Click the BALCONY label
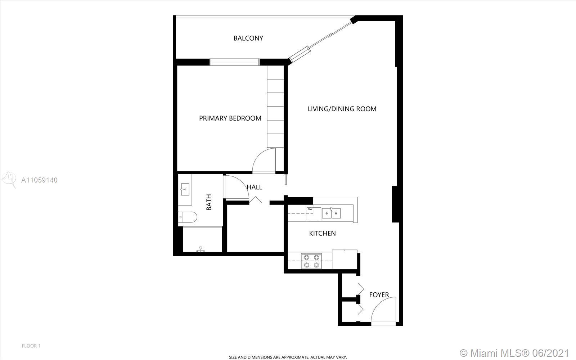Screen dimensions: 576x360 pos(248,38)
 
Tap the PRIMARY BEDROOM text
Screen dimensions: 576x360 pos(230,118)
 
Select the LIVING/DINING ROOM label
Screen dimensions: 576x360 pos(342,109)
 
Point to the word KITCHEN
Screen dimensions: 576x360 pos(322,234)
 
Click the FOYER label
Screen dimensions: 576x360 pos(379,295)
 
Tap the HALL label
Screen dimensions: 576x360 pos(255,187)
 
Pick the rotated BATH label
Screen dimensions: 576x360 pos(209,202)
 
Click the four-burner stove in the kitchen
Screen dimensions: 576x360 pos(311,261)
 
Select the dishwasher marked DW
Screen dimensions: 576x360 pos(314,214)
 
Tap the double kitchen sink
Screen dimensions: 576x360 pos(332,213)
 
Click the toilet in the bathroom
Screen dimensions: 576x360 pos(188,217)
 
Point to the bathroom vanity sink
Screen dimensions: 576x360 pos(185,189)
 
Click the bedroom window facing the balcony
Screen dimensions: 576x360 pos(234,62)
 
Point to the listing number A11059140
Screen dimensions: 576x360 pos(39,180)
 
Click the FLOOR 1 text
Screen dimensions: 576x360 pos(31,346)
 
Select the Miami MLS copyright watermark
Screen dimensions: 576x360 pos(514,352)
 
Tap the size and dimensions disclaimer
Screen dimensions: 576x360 pos(288,357)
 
